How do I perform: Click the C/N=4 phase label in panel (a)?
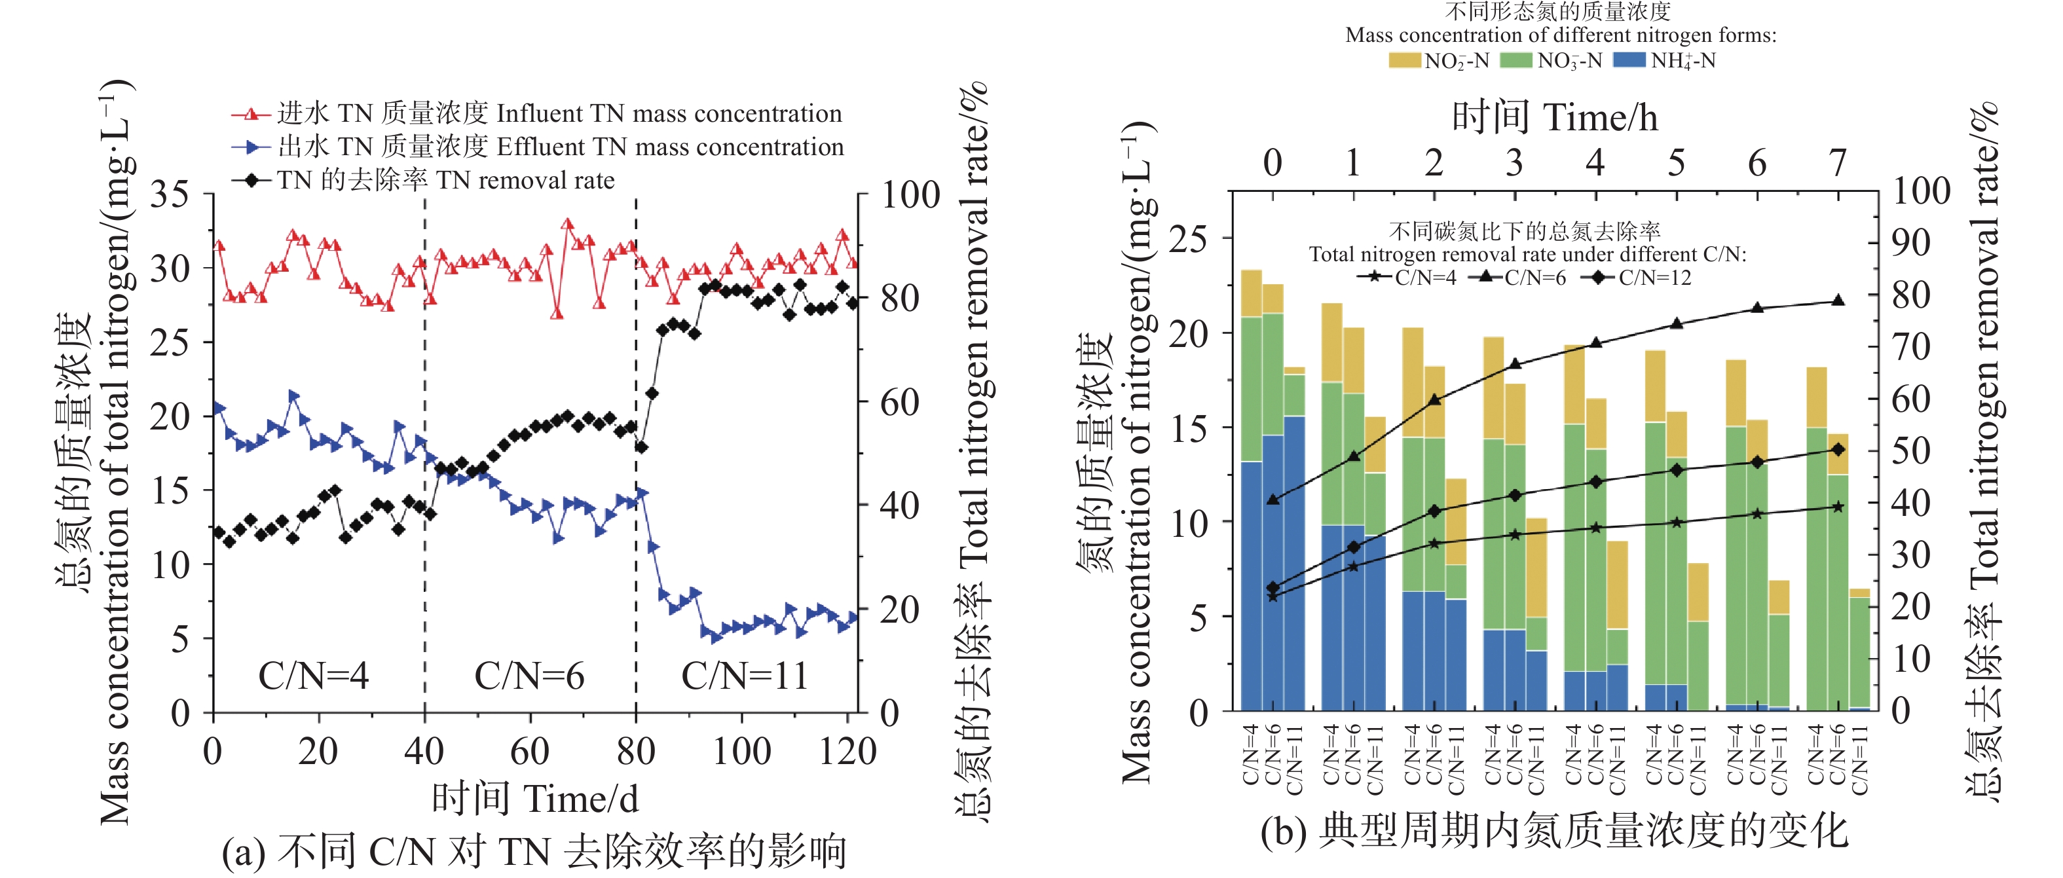tap(313, 676)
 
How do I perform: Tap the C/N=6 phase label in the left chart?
tap(529, 676)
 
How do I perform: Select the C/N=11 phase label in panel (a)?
tap(744, 676)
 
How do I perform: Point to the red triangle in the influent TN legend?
tap(251, 115)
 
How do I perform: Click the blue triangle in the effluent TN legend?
tap(251, 147)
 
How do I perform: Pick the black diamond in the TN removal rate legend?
tap(251, 181)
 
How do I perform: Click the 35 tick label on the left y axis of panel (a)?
tap(170, 194)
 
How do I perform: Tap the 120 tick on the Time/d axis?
tap(847, 752)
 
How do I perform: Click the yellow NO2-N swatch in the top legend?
tap(1405, 61)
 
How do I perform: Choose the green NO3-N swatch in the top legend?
tap(1515, 61)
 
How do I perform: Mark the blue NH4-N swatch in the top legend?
tap(1629, 61)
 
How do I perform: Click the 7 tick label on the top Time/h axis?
tap(1838, 163)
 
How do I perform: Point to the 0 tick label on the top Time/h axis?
tap(1273, 163)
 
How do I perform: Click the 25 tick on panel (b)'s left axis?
tap(1189, 238)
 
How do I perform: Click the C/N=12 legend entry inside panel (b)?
tap(1641, 278)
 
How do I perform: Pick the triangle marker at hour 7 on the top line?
tap(1838, 301)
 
